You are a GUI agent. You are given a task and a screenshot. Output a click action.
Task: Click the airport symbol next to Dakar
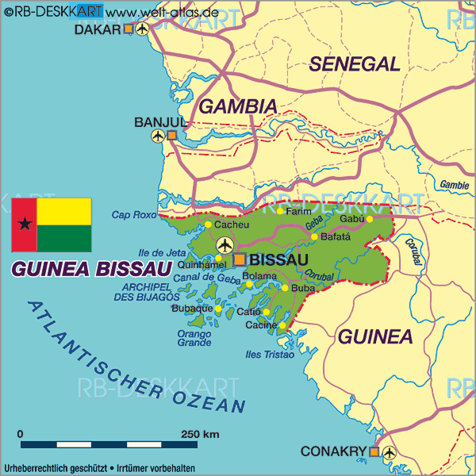[143, 29]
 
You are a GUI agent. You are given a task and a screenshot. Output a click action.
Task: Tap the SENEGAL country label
[354, 64]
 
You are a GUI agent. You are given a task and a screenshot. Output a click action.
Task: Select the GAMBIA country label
[237, 106]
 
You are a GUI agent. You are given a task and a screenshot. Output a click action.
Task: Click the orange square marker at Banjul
[172, 136]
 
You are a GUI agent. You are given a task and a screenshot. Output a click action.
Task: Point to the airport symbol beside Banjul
[158, 136]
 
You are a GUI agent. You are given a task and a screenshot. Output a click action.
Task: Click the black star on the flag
[24, 225]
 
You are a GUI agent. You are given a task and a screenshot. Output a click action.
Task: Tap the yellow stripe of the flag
[63, 211]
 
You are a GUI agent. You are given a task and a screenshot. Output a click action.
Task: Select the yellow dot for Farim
[280, 211]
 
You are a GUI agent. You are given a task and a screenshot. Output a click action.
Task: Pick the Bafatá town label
[335, 236]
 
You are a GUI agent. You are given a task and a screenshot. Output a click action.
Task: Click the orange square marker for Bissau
[240, 259]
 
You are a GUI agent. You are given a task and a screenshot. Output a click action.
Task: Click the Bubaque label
[191, 308]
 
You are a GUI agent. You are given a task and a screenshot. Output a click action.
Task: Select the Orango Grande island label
[194, 339]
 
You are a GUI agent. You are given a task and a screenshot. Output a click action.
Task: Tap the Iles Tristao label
[271, 355]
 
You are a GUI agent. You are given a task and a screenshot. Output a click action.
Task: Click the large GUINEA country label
[376, 336]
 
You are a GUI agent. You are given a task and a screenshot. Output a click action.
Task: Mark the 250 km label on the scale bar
[200, 434]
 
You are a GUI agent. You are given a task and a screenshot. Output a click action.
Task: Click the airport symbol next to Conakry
[389, 452]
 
